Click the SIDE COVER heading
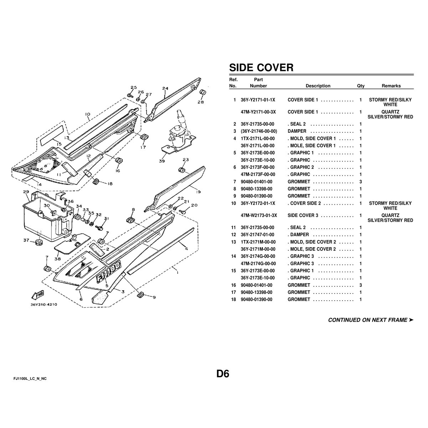click(261, 67)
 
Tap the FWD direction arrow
click(38, 295)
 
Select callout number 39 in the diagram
click(162, 161)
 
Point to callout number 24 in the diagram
click(165, 88)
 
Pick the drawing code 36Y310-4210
click(44, 305)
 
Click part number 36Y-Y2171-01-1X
click(258, 100)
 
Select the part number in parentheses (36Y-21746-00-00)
click(259, 131)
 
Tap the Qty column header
click(361, 86)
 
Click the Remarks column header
click(391, 86)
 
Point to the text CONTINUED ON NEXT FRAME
click(368, 320)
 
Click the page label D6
click(223, 374)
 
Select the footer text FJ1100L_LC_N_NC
click(30, 379)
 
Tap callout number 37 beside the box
click(26, 240)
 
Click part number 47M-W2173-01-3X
click(259, 215)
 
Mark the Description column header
click(318, 86)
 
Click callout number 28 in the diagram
click(200, 102)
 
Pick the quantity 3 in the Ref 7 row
click(361, 182)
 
